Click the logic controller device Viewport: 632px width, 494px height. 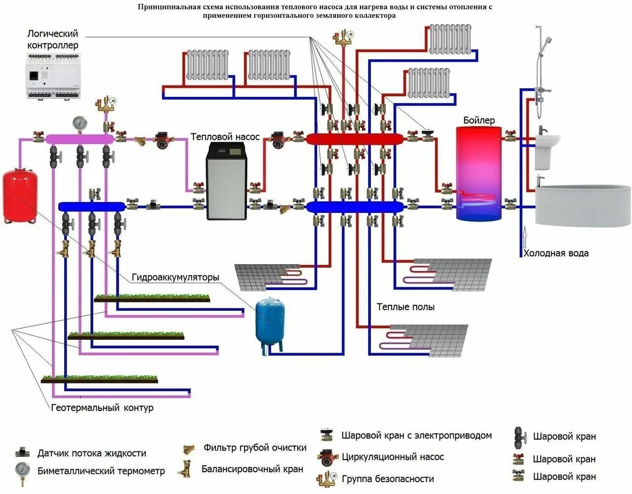coord(53,76)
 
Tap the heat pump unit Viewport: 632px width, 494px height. coord(227,181)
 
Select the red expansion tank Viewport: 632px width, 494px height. coord(20,197)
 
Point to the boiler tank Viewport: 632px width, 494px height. coord(478,173)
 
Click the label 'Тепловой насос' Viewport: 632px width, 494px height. coord(225,137)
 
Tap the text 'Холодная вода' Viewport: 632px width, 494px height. coord(556,253)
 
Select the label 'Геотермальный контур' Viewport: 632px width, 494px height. coord(102,408)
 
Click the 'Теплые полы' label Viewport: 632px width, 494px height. coord(406,307)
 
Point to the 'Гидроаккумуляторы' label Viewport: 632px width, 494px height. coord(175,277)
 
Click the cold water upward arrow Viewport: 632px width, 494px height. coord(525,237)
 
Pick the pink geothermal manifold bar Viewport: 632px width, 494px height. coord(79,139)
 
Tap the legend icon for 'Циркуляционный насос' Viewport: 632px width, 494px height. coord(328,457)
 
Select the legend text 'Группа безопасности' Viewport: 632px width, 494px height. coord(388,479)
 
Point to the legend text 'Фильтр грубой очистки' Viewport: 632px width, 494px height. coord(255,448)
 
